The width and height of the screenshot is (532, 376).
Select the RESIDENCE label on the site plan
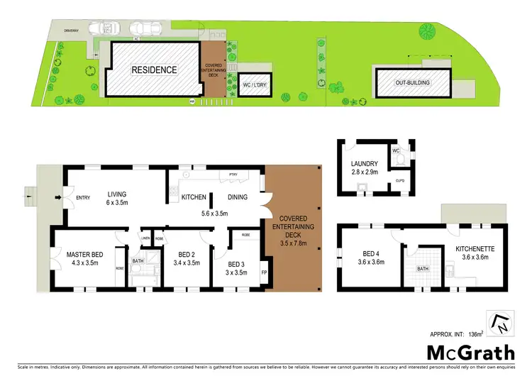click(x=153, y=70)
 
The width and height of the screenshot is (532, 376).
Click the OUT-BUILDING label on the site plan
click(x=413, y=83)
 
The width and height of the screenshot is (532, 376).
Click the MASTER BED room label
click(x=86, y=254)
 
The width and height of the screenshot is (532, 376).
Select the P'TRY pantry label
click(x=231, y=175)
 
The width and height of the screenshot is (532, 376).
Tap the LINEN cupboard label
click(x=145, y=238)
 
